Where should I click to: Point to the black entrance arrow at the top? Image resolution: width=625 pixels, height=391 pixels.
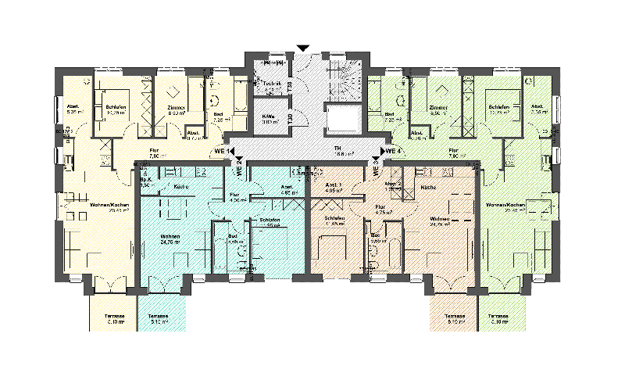[303, 48]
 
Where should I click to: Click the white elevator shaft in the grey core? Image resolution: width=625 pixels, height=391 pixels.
[344, 118]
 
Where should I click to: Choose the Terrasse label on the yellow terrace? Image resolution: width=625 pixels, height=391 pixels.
[115, 317]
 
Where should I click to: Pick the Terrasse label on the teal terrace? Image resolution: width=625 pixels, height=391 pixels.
[159, 317]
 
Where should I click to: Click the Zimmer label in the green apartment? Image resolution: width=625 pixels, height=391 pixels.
[439, 108]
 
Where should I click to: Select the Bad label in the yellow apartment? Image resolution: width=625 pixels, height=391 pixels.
[217, 114]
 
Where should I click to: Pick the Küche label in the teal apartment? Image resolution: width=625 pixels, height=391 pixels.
[180, 187]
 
